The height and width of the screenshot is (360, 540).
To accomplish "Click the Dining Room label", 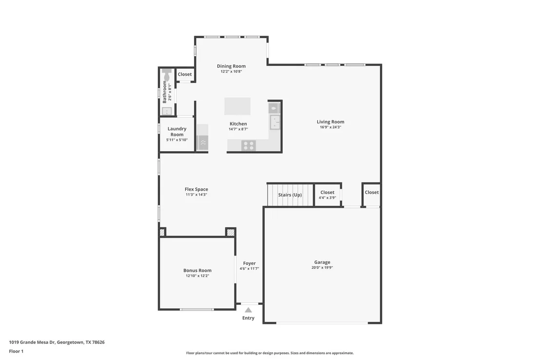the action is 231,66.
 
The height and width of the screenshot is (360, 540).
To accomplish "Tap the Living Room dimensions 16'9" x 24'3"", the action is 330,127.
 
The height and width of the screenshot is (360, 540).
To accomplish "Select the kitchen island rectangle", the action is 237,106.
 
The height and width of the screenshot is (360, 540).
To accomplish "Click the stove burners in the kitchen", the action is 248,145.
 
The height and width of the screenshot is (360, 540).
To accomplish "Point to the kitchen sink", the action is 275,122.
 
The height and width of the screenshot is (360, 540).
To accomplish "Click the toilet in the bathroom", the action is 167,74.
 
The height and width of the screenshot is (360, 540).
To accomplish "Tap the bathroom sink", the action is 167,111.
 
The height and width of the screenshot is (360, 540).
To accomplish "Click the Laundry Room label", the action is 177,131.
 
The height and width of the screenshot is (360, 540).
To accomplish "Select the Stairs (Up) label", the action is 290,195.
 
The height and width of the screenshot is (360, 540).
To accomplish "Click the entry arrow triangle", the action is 248,310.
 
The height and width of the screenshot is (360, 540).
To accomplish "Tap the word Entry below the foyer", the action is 248,318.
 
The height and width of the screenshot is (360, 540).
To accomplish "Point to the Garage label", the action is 322,262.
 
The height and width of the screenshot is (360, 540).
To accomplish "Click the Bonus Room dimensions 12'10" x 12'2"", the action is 197,276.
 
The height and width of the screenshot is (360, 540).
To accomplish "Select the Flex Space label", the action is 196,189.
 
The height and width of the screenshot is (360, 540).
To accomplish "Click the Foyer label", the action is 250,263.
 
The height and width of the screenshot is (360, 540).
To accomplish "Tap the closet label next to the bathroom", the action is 185,74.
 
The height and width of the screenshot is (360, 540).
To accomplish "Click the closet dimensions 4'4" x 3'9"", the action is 327,198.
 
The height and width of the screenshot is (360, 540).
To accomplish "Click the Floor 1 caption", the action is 16,351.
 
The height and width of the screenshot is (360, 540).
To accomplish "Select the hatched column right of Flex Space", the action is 231,232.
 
